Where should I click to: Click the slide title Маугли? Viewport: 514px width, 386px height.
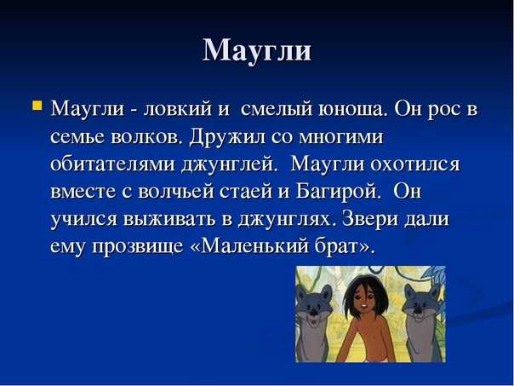[x=257, y=50]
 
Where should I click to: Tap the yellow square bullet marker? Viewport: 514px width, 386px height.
[x=37, y=106]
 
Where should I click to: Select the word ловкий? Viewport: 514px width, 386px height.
[x=178, y=109]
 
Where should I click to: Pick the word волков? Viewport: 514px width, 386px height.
[x=146, y=136]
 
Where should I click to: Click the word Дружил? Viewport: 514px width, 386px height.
[x=227, y=136]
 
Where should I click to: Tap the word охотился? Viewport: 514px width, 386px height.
[x=415, y=164]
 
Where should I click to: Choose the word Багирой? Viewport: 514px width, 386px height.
[x=339, y=191]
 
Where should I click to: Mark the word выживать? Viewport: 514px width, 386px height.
[x=169, y=219]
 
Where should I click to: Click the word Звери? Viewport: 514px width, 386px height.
[x=369, y=219]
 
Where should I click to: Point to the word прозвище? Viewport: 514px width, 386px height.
[x=138, y=246]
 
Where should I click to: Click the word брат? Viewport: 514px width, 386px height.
[x=341, y=246]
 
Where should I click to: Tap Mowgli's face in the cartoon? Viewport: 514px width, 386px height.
[x=364, y=300]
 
